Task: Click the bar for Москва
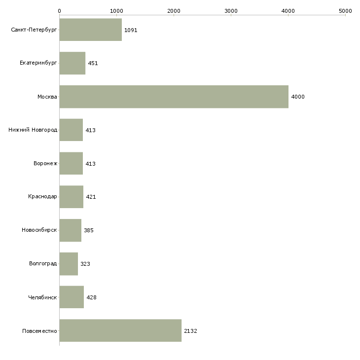[174, 97]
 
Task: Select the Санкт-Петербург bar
[90, 30]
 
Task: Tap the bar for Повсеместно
[120, 330]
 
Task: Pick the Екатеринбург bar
[72, 63]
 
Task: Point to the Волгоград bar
[69, 264]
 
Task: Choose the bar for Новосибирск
[70, 230]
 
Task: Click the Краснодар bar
[72, 197]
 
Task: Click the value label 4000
[298, 97]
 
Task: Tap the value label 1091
[131, 30]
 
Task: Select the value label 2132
[190, 331]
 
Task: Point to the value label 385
[89, 230]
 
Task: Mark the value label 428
[91, 297]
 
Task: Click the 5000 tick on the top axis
[345, 11]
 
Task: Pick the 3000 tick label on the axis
[231, 11]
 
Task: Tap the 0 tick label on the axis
[60, 11]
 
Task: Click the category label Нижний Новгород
[33, 130]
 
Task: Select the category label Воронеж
[45, 163]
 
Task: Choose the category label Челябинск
[42, 297]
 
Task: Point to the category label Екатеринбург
[38, 63]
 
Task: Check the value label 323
[85, 264]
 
